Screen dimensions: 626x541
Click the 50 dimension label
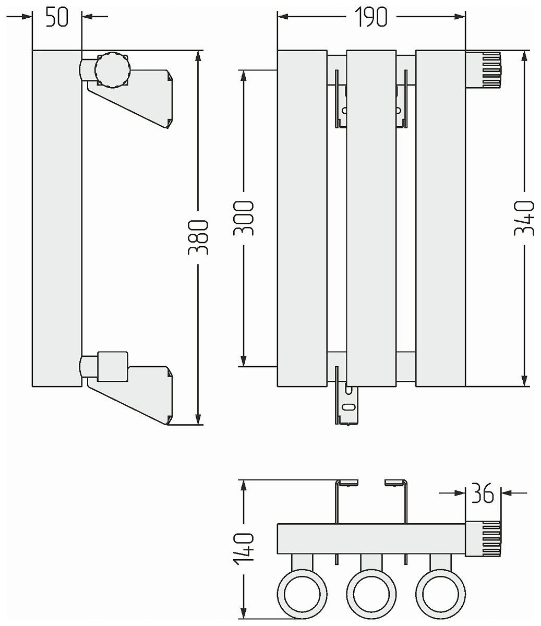coord(57,17)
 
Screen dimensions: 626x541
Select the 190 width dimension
coord(371,17)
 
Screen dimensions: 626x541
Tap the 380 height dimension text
coord(199,237)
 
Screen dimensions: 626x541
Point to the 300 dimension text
coord(244,218)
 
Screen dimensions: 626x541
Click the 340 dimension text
coord(524,218)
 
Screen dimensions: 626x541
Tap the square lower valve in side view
coord(112,366)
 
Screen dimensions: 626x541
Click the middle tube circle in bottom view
coord(371,594)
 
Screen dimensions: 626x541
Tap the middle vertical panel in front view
coord(371,218)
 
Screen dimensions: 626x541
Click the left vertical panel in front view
coord(302,218)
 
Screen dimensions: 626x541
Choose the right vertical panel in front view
coord(440,218)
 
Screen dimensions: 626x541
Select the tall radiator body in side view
coord(57,218)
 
